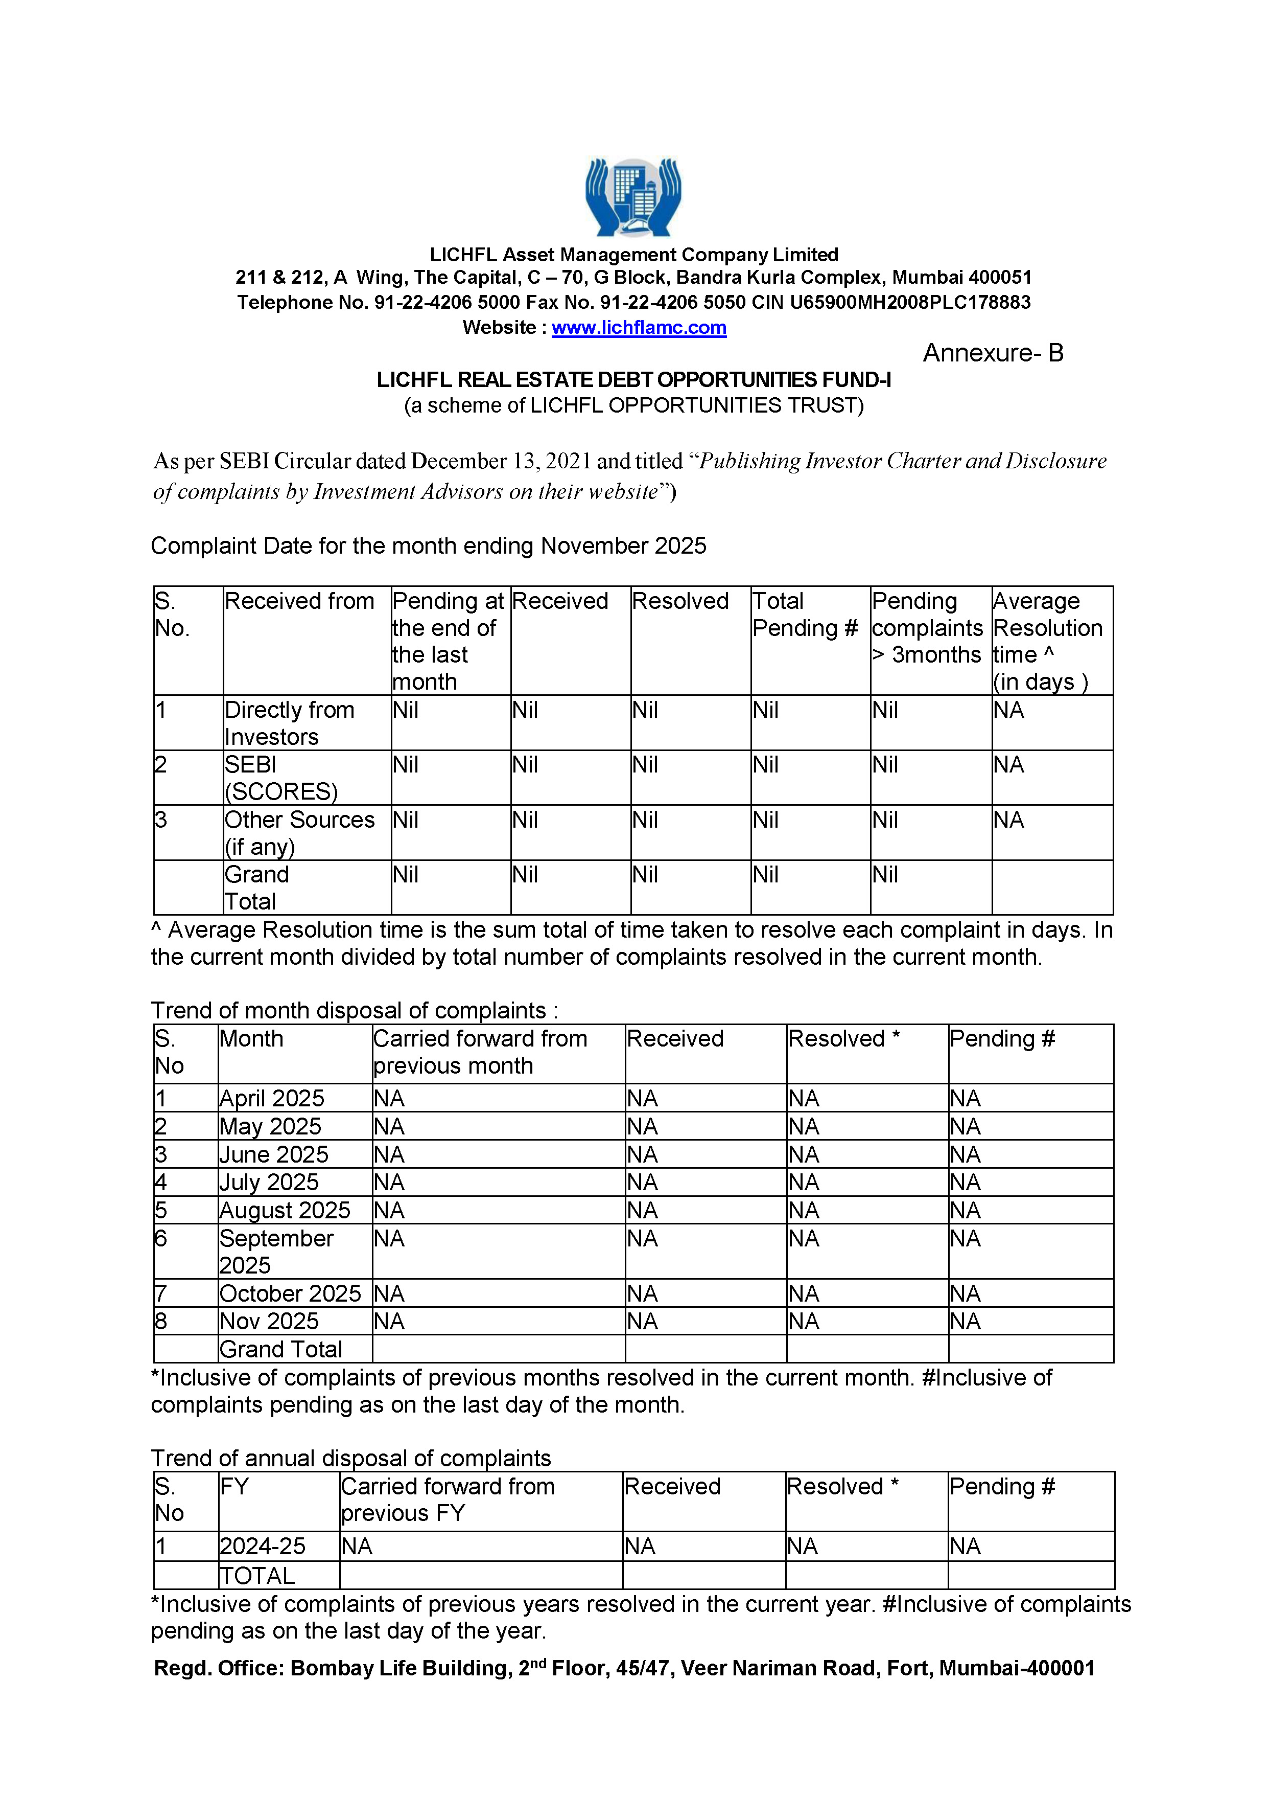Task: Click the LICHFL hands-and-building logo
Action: (633, 196)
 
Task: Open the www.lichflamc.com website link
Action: (639, 328)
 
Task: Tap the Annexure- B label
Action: (993, 353)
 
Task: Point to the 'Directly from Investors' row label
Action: (289, 723)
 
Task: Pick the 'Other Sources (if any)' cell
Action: (299, 833)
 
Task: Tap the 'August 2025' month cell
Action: (285, 1210)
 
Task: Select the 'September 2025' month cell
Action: (276, 1251)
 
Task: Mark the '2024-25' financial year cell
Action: (263, 1547)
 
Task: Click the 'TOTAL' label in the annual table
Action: (257, 1575)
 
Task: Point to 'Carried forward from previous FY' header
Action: (447, 1499)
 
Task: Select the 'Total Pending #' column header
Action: (805, 615)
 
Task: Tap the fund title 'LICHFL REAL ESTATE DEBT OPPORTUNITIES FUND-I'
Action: (633, 380)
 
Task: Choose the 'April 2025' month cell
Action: (271, 1098)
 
